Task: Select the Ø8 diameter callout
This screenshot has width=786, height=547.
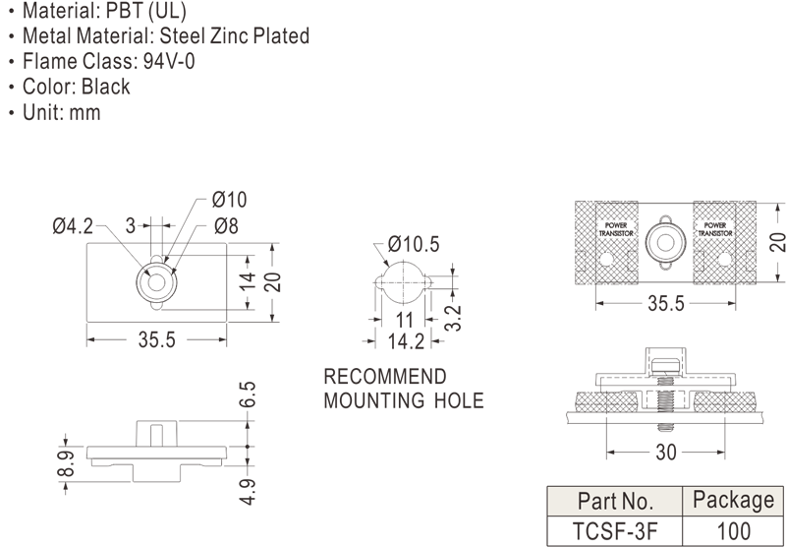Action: point(226,226)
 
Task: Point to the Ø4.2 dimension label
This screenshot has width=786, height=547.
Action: point(73,226)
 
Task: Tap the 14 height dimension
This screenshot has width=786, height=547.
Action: point(250,281)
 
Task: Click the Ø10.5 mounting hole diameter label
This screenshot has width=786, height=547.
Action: point(413,245)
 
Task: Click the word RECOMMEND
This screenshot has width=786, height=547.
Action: point(384,377)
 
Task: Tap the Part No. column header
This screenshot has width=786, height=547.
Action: point(615,500)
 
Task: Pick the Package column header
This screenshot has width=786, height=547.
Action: point(733,500)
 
